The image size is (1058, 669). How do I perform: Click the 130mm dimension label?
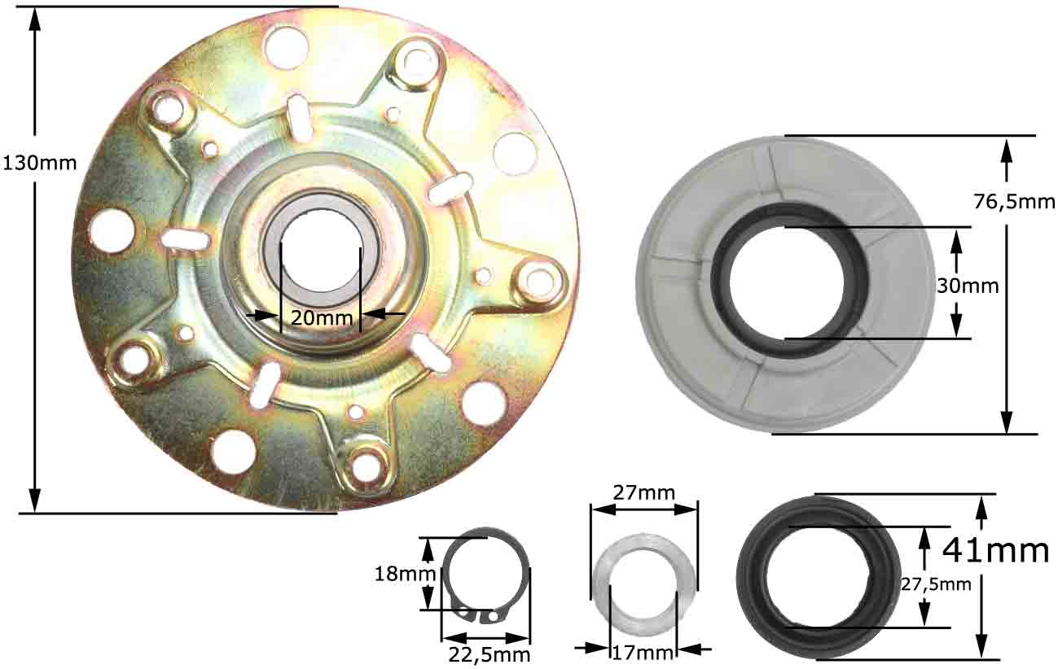[x=40, y=164]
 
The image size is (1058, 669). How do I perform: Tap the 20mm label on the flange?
[x=322, y=317]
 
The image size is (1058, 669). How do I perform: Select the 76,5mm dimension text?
[x=1013, y=202]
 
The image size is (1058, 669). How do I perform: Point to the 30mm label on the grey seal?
[x=968, y=286]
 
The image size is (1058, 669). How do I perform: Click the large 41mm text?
[x=995, y=550]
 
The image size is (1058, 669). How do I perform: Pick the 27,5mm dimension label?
[x=936, y=584]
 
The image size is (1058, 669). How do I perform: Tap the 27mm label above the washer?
[x=643, y=493]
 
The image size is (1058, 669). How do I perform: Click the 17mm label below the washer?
[x=643, y=654]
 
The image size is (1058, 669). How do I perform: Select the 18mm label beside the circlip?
[x=405, y=574]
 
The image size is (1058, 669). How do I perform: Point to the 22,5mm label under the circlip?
[x=489, y=655]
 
